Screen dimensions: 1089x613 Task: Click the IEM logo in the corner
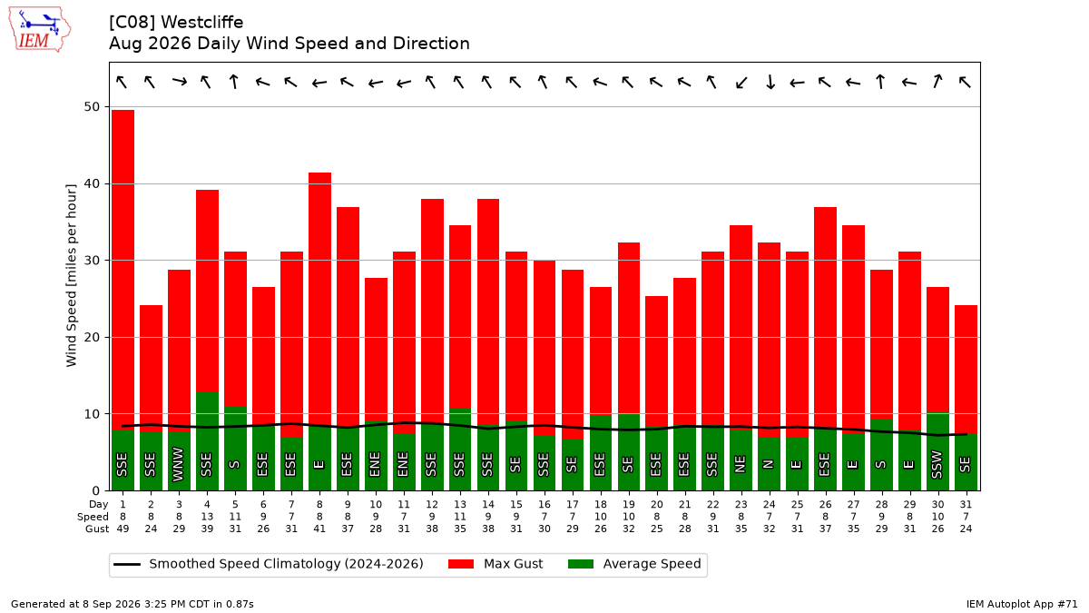[39, 29]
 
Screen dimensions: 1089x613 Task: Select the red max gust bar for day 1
[123, 270]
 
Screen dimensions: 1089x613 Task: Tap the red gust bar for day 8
[319, 299]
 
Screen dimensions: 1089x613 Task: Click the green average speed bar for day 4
[207, 441]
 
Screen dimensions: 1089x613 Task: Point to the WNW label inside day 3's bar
[179, 465]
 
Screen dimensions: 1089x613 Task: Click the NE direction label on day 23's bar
[741, 464]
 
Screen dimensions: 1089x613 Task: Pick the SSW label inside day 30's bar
[937, 465]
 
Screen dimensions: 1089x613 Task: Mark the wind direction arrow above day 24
[770, 82]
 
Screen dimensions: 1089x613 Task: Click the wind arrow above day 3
[180, 81]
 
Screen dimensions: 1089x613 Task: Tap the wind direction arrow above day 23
[741, 83]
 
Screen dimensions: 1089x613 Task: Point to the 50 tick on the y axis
[92, 106]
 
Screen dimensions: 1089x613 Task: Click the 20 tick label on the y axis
[92, 337]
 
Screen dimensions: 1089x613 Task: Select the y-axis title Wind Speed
[71, 275]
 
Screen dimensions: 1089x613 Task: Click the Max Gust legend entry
[495, 564]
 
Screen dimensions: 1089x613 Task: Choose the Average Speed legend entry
[634, 564]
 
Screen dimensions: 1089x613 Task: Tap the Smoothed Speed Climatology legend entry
[269, 564]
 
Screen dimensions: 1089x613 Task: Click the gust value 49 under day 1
[123, 529]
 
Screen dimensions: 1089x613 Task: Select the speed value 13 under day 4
[207, 517]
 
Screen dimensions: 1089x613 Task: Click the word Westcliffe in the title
[202, 23]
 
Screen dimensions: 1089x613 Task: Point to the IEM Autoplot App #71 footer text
[1022, 604]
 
